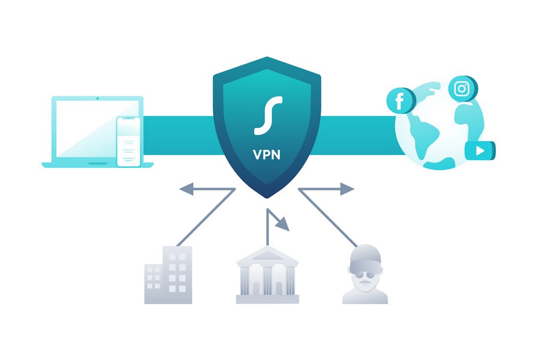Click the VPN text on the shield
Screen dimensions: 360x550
tap(266, 155)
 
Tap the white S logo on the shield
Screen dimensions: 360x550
tap(268, 116)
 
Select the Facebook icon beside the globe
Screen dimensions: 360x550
tap(400, 101)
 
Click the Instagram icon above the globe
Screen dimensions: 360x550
tap(462, 89)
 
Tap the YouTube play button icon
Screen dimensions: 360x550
tap(480, 151)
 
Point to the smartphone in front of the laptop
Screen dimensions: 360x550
tap(128, 141)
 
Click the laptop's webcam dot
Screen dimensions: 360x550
tap(98, 98)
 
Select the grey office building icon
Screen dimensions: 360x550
tap(168, 275)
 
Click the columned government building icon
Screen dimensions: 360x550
tap(267, 275)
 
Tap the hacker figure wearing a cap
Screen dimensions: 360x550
tap(365, 275)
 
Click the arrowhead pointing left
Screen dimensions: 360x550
tap(186, 189)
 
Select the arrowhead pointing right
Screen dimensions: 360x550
tap(347, 189)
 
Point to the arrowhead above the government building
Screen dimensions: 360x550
tap(284, 224)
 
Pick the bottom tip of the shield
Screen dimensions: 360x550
tap(267, 197)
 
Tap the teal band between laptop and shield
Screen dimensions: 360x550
tap(179, 135)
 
